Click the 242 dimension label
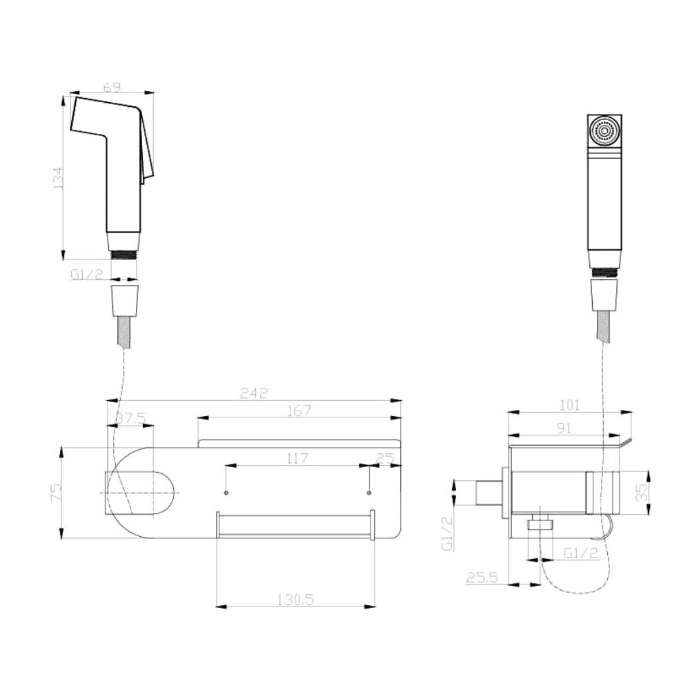click(x=254, y=393)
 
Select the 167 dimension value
click(x=299, y=411)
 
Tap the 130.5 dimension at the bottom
click(x=295, y=600)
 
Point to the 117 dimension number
click(x=297, y=459)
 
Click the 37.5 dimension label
click(x=130, y=418)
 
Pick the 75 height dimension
click(x=57, y=492)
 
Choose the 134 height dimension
click(x=58, y=178)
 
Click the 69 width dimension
click(x=112, y=87)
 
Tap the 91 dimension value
click(x=564, y=428)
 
